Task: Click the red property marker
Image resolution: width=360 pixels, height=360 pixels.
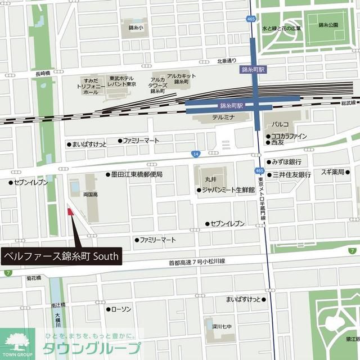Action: point(70,212)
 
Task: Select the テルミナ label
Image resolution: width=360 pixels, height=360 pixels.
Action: point(223,118)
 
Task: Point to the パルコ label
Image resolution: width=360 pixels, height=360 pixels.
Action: point(280,124)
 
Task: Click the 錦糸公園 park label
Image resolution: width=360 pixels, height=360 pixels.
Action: point(328,25)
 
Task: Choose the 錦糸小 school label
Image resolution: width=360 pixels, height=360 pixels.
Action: point(136,27)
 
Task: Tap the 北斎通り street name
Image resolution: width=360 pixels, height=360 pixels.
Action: point(227,61)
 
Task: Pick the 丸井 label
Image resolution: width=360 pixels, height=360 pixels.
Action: point(210,179)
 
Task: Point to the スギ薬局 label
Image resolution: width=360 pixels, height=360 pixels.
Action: point(332,172)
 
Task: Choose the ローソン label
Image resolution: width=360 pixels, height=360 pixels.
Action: point(121,309)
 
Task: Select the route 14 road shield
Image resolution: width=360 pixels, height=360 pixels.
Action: point(195,154)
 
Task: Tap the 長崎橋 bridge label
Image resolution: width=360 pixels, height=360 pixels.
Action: point(43,74)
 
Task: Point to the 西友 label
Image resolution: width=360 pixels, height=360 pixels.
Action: point(277,143)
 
